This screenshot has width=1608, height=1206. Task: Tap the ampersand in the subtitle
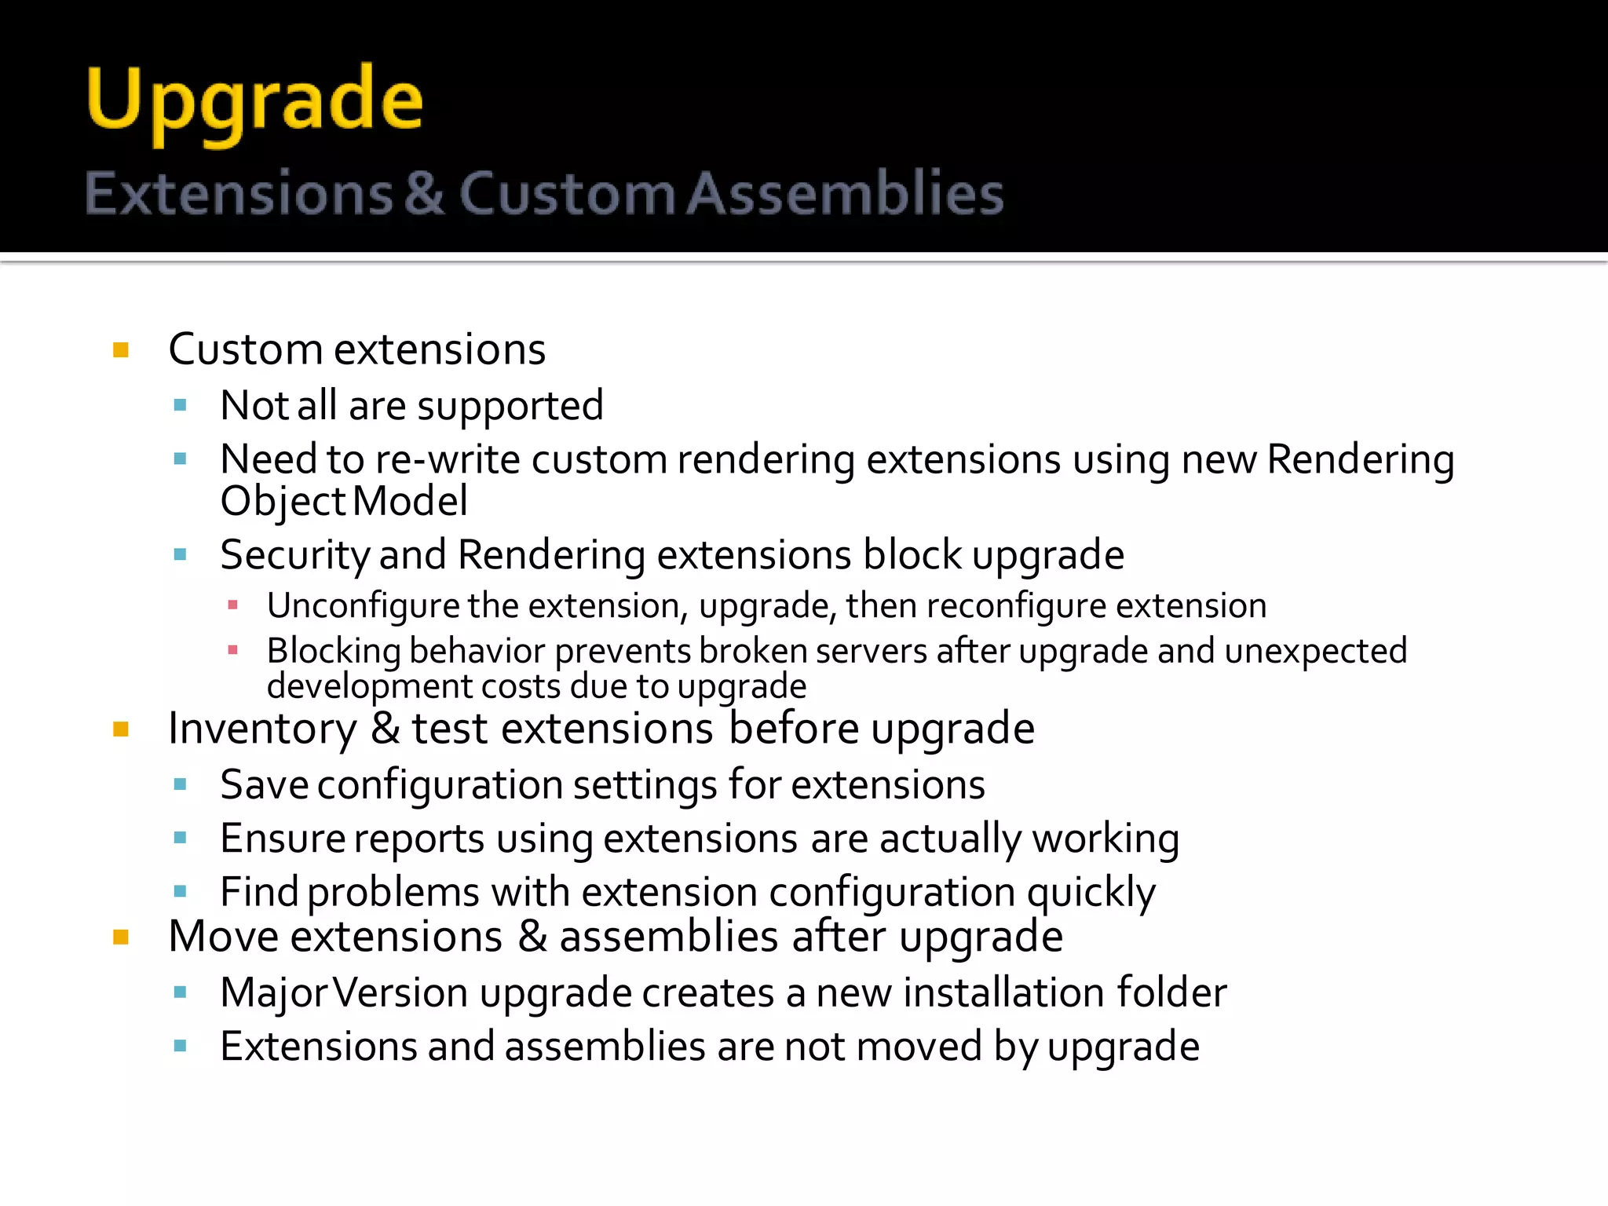tap(425, 193)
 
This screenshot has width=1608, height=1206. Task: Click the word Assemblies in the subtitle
tap(846, 193)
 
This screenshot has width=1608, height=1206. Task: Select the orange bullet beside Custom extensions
tap(121, 349)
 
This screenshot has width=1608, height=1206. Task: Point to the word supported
tap(510, 407)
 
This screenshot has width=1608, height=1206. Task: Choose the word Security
tap(294, 556)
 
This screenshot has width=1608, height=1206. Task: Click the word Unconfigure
tap(363, 606)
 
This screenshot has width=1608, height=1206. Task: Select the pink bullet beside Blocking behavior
tap(232, 650)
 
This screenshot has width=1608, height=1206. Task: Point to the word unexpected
tap(1315, 651)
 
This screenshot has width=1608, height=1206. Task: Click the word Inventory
tap(262, 729)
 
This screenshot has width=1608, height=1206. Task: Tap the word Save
tap(264, 785)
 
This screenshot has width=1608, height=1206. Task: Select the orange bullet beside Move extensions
tap(121, 937)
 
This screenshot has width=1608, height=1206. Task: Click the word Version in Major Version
tap(400, 993)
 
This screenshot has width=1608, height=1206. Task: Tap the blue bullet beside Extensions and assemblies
tap(181, 1046)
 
